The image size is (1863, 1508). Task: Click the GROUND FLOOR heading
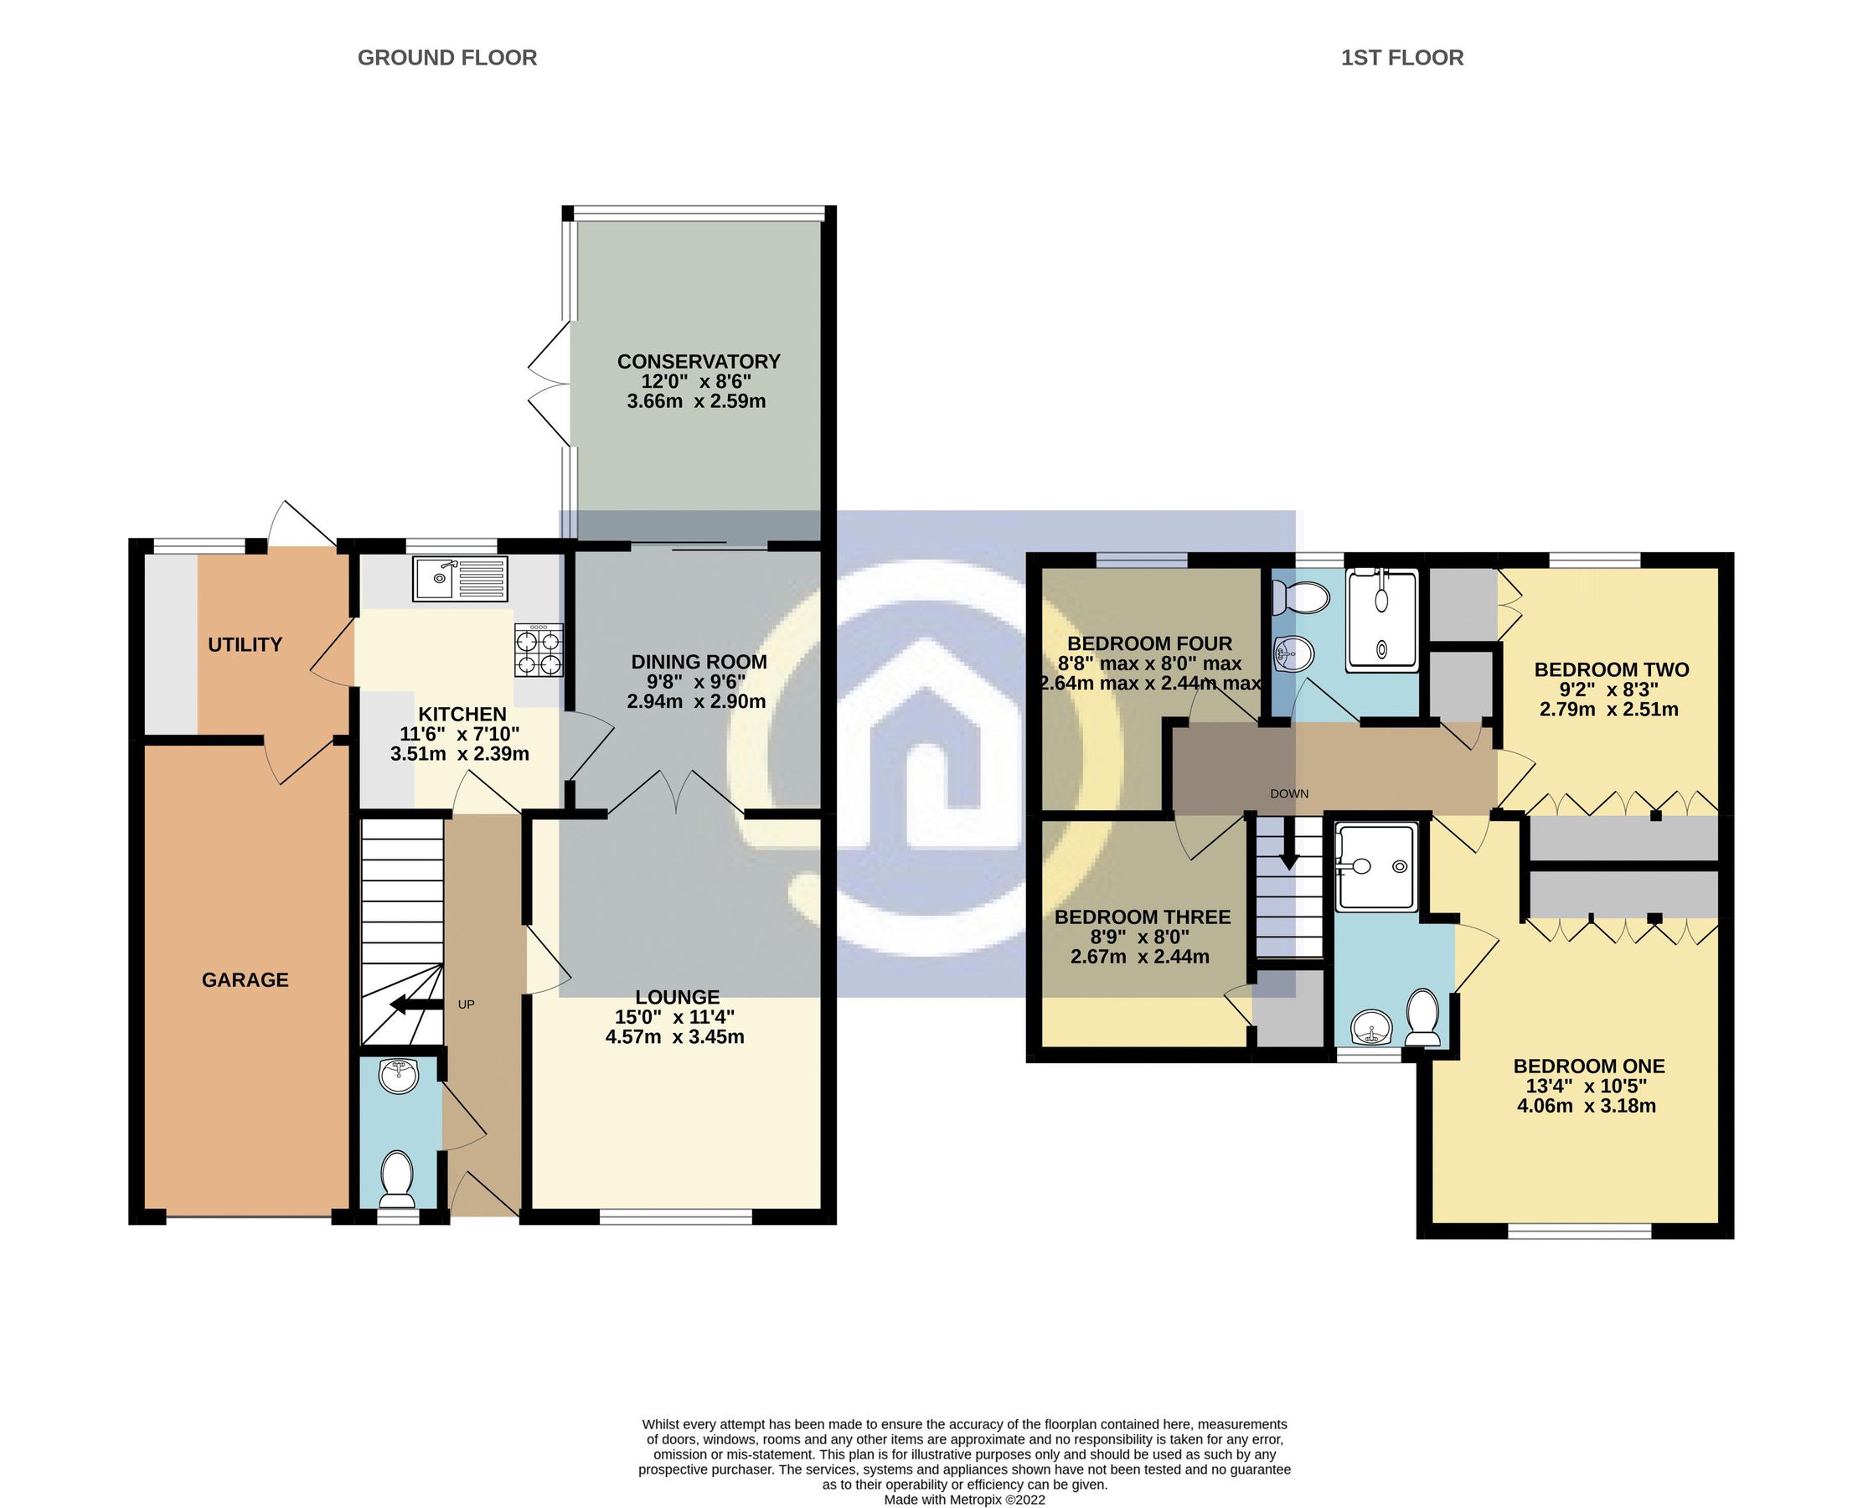pyautogui.click(x=446, y=58)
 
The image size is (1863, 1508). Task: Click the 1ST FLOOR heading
pyautogui.click(x=1401, y=58)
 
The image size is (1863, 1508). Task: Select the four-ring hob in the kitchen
pyautogui.click(x=539, y=652)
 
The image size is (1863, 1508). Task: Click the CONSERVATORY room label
pyautogui.click(x=699, y=361)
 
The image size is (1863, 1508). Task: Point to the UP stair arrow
pyautogui.click(x=411, y=1005)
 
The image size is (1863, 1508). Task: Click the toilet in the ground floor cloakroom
pyautogui.click(x=399, y=1178)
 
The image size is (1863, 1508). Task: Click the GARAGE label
pyautogui.click(x=245, y=980)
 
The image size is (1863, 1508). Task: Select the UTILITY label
pyautogui.click(x=245, y=644)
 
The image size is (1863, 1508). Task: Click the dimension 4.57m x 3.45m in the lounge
pyautogui.click(x=675, y=1036)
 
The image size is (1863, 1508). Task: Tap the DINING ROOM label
pyautogui.click(x=699, y=662)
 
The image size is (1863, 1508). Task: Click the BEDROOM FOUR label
pyautogui.click(x=1149, y=643)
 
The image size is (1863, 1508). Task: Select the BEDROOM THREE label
pyautogui.click(x=1142, y=917)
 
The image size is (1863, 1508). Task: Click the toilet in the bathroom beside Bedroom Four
pyautogui.click(x=1300, y=597)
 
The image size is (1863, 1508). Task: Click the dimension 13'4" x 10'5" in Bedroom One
pyautogui.click(x=1586, y=1086)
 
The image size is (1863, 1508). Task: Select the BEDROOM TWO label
pyautogui.click(x=1611, y=669)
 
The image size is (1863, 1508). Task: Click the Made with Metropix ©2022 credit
pyautogui.click(x=964, y=1500)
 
